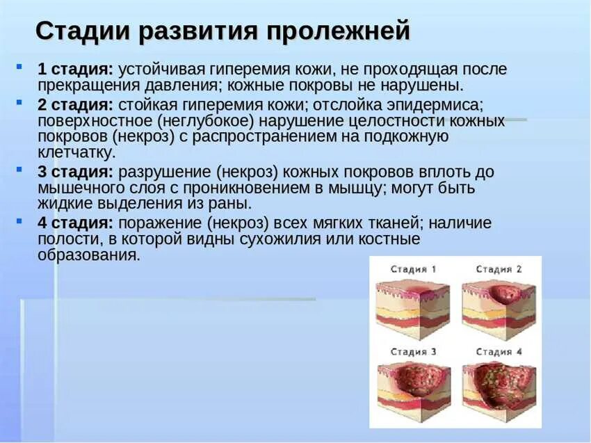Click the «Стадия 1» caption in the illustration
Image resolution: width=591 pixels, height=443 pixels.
[x=413, y=269]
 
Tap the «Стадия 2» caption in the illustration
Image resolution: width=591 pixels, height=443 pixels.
[x=499, y=269]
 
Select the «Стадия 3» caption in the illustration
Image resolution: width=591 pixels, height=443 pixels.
[x=413, y=352]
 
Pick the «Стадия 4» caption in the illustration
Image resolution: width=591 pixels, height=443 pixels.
[x=499, y=352]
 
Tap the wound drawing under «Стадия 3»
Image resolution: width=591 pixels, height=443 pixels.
[x=413, y=389]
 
